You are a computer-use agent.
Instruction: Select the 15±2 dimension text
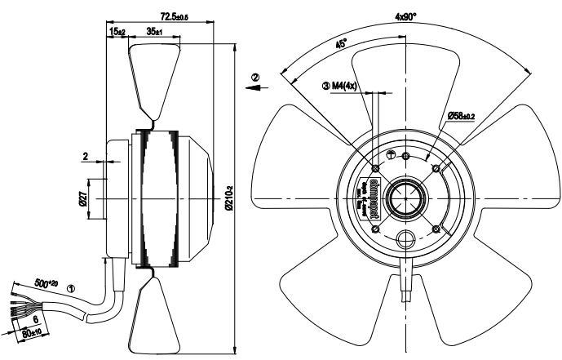pos(117,32)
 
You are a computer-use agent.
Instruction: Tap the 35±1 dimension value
pos(154,32)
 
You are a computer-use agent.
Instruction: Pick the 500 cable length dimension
pos(50,283)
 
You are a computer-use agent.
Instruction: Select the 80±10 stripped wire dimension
pos(30,331)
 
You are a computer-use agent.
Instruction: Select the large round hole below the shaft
pos(405,240)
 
